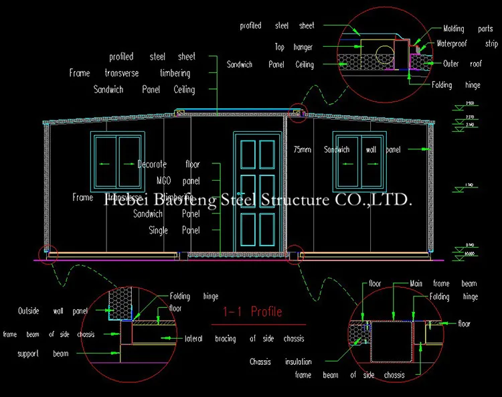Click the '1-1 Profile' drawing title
point(252,312)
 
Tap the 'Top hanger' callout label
point(293,48)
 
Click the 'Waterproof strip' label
point(467,44)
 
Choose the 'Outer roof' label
point(461,64)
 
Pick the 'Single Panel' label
point(174,230)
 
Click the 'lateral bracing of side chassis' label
point(244,339)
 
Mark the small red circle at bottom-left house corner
point(48,254)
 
